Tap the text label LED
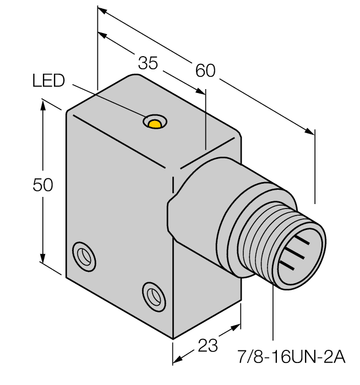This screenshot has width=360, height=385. point(48,81)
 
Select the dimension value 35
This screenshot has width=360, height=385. point(147,63)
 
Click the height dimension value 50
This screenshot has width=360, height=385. point(43,185)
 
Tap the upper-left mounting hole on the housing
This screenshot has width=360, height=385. point(84,255)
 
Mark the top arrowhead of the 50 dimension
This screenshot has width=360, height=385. point(43,104)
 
